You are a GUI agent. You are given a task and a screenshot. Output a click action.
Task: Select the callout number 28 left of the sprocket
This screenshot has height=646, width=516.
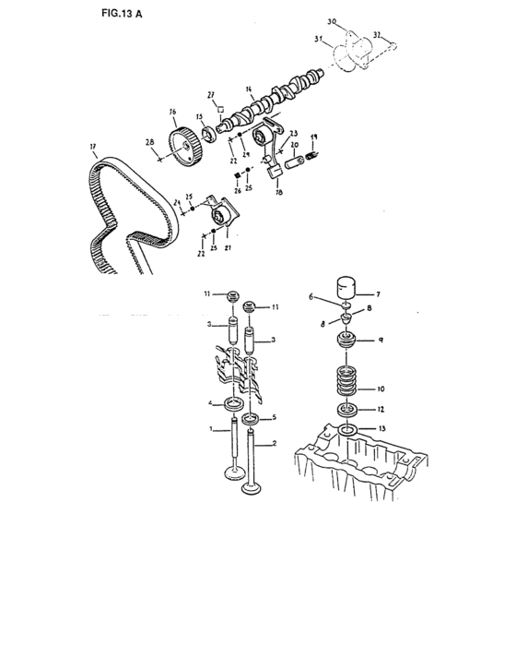click(148, 143)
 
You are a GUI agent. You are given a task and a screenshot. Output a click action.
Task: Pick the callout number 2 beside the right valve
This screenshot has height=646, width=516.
click(273, 445)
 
